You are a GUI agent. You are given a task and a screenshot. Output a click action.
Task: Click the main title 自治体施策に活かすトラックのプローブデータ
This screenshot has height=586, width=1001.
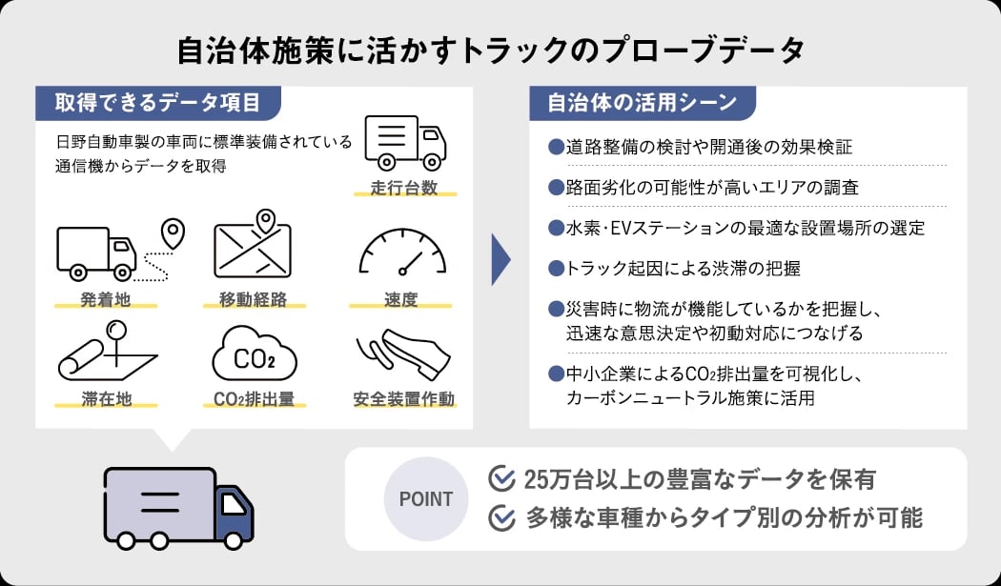[492, 51]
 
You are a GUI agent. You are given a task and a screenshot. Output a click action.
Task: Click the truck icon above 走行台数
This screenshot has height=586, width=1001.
[405, 142]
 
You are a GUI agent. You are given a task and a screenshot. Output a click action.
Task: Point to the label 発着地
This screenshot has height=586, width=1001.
[106, 300]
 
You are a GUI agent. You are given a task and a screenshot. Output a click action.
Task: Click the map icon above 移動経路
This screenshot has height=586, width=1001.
[253, 246]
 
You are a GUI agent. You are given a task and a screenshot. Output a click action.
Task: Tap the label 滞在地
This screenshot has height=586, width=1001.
[106, 399]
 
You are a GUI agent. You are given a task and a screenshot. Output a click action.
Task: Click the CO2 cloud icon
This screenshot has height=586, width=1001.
[254, 356]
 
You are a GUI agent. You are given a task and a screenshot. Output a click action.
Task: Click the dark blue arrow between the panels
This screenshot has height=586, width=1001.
[500, 257]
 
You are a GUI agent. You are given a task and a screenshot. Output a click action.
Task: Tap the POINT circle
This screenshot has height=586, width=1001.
[425, 499]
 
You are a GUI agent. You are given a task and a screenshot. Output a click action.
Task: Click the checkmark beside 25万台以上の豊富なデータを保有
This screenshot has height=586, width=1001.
[501, 478]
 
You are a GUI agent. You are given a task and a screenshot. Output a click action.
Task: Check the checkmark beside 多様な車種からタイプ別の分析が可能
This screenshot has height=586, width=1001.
[501, 518]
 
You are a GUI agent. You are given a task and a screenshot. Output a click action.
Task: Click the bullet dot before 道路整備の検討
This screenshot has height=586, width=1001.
[557, 147]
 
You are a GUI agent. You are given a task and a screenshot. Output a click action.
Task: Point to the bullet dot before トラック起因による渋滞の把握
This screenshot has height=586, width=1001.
[557, 268]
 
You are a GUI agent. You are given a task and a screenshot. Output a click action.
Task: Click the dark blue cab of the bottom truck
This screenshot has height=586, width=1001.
[234, 515]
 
